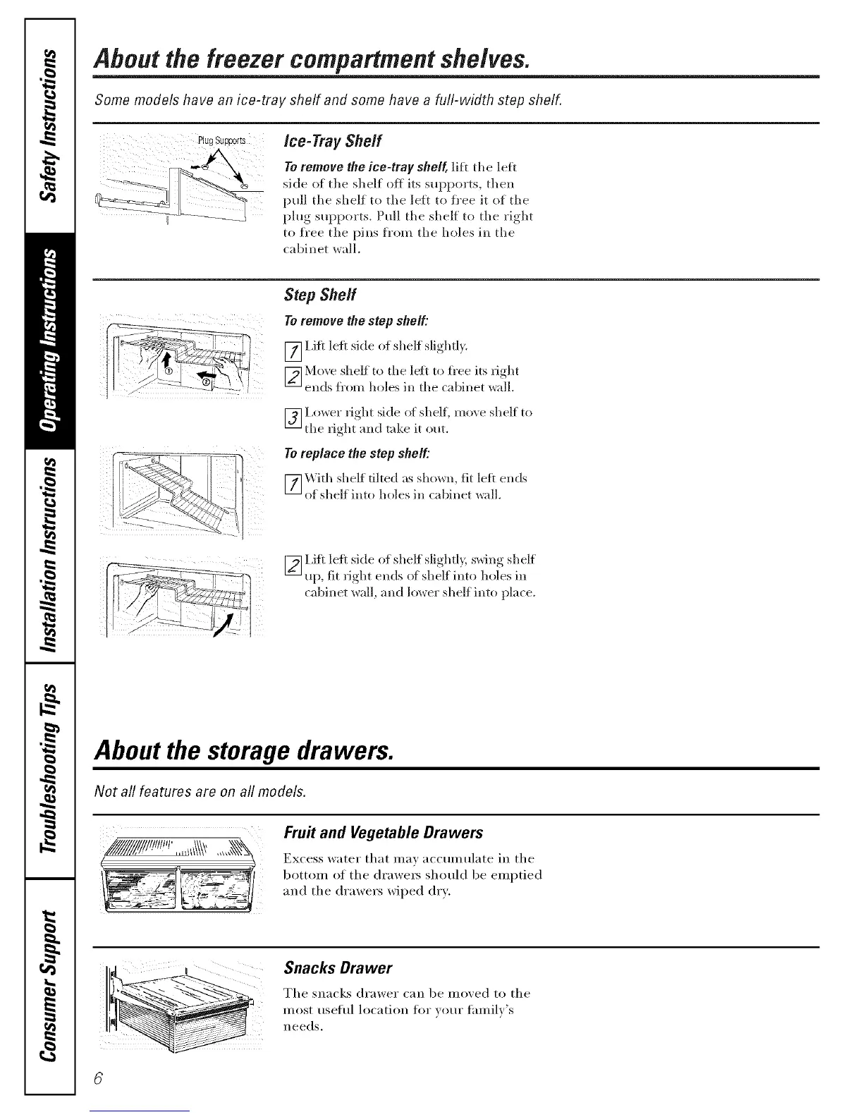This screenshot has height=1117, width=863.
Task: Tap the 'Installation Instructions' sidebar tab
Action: tap(49, 557)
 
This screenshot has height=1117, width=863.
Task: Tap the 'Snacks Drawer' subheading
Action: tap(337, 967)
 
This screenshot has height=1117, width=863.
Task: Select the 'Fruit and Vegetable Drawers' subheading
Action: tap(383, 833)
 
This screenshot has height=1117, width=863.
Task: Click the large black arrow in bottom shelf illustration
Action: tap(227, 623)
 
